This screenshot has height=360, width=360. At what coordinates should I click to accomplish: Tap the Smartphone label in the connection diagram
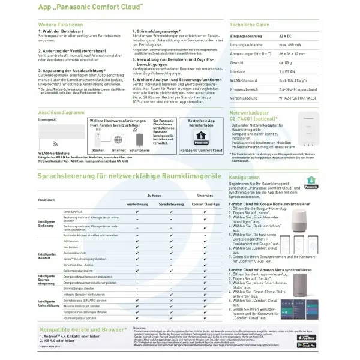coord(140,150)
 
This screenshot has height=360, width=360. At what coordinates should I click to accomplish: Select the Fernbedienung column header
coord(137,205)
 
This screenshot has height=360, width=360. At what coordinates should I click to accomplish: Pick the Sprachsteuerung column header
coord(172,205)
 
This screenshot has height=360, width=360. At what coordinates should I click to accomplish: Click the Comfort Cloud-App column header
coord(205,205)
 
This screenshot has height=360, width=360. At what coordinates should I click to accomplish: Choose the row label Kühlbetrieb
coord(71,241)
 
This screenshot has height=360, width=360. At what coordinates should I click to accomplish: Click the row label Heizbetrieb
coord(71,247)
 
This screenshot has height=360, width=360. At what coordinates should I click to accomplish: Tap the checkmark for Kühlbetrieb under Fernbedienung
coord(137,241)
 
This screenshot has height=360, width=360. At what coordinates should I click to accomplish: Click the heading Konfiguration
coord(244,178)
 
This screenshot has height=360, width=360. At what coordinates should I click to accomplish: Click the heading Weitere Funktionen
coord(60,25)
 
